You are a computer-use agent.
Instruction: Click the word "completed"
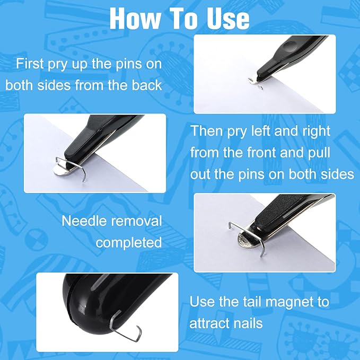pos(129,242)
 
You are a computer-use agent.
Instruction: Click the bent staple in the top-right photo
pos(255,82)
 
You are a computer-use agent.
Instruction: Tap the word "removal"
pos(141,221)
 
